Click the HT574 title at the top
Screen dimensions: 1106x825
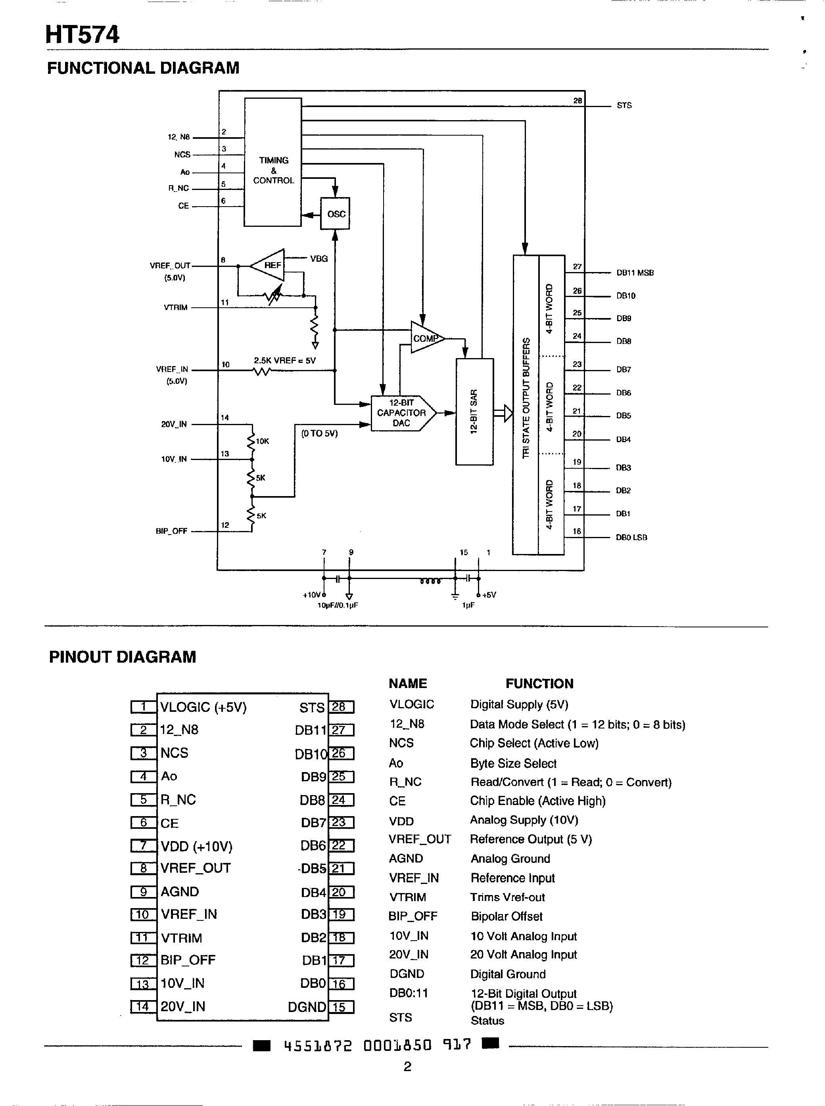[82, 35]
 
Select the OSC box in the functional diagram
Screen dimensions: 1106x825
[335, 214]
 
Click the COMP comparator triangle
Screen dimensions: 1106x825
[425, 338]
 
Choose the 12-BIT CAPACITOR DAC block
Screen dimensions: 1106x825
[401, 413]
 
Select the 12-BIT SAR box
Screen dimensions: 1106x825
[474, 412]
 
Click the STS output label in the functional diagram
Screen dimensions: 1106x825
[624, 105]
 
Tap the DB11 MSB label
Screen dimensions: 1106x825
[634, 272]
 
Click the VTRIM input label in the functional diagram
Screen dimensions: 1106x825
[176, 308]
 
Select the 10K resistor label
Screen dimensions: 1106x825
[263, 441]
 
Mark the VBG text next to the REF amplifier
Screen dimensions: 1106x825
[318, 259]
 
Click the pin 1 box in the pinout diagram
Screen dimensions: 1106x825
[143, 707]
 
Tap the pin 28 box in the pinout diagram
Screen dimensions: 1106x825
[342, 707]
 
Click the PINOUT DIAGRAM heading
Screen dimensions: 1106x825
[122, 657]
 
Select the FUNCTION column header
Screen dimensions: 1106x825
[539, 684]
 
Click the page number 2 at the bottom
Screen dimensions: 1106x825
[407, 1067]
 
